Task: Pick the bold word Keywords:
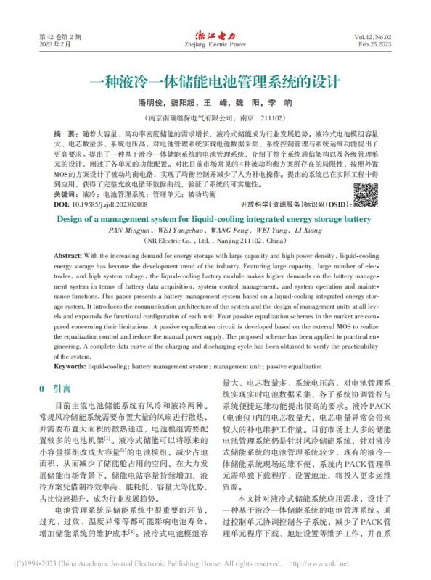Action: coord(70,368)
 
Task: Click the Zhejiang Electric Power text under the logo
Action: coord(215,45)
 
